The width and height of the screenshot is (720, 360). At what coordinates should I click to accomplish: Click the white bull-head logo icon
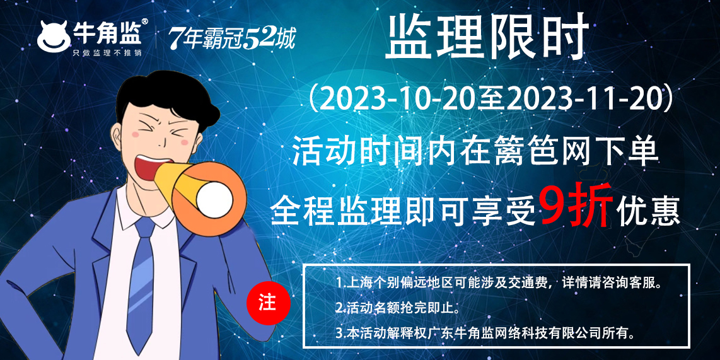[x=54, y=37]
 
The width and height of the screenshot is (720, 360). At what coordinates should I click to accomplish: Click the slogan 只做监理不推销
[x=107, y=52]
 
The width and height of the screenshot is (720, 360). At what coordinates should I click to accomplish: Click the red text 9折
[x=576, y=205]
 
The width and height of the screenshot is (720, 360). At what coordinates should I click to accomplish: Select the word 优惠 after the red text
[x=648, y=211]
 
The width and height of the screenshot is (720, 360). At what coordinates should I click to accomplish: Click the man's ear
[x=118, y=138]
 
